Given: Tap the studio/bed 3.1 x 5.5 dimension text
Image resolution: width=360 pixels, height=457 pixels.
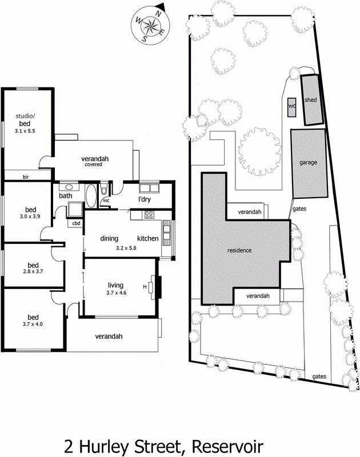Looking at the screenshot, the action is [25, 131].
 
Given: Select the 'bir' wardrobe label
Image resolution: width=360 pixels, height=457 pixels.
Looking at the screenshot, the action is [26, 177].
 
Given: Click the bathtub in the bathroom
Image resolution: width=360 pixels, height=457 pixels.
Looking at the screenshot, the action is [91, 195].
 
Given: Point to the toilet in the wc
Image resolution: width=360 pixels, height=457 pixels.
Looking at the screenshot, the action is [104, 190].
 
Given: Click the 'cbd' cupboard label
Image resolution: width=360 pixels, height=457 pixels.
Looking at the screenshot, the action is [76, 223].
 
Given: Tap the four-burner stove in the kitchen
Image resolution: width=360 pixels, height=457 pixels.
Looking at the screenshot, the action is [149, 215].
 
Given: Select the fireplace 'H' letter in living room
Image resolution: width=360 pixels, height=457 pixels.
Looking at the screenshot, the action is [145, 287].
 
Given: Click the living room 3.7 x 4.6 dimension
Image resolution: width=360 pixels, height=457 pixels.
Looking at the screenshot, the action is [117, 293].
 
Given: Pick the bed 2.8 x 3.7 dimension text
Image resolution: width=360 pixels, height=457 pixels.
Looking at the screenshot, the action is [33, 271].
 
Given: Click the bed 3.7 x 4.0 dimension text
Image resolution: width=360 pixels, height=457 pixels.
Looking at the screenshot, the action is [33, 324].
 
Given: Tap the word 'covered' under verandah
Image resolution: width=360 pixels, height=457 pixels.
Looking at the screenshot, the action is [93, 165].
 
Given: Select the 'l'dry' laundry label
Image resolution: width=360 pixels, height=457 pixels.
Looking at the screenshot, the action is [145, 199].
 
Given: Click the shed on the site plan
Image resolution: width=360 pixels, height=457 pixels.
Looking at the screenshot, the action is [312, 99].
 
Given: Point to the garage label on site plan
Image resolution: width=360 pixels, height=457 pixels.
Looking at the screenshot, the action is [308, 162].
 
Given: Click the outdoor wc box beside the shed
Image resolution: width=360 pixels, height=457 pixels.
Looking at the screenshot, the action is [292, 107].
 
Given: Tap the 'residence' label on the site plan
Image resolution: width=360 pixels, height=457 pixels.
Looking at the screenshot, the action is [239, 250].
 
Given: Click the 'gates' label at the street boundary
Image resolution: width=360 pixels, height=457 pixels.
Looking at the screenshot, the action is [319, 376].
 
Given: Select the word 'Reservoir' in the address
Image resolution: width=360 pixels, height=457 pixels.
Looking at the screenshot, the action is [227, 447].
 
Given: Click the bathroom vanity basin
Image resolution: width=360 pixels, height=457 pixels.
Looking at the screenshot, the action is [69, 187].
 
